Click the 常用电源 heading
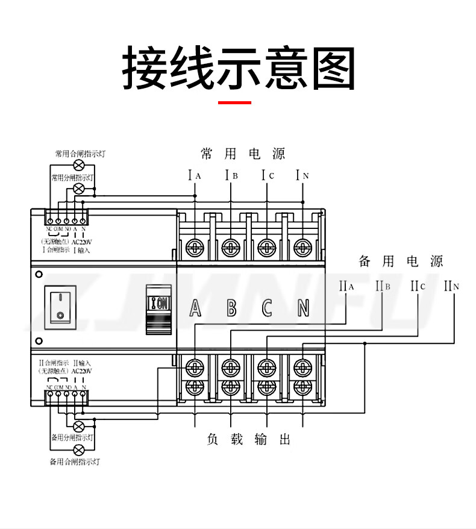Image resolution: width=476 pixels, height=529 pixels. click(243, 154)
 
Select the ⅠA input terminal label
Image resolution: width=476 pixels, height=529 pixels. click(195, 176)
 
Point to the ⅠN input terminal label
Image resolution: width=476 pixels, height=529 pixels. click(302, 176)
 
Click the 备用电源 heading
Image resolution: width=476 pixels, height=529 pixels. click(401, 261)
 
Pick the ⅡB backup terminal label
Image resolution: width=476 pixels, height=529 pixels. click(383, 286)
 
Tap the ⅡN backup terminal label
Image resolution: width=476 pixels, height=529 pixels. click(452, 286)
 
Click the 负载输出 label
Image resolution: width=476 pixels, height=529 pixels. click(249, 440)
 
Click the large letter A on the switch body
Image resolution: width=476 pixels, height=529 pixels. click(195, 308)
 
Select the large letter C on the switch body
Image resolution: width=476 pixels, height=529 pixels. click(267, 308)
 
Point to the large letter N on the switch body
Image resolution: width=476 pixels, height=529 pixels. click(303, 308)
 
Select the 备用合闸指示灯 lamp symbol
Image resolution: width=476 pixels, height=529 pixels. click(78, 451)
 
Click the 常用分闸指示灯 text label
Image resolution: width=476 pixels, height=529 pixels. click(72, 178)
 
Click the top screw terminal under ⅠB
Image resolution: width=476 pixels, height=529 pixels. click(231, 246)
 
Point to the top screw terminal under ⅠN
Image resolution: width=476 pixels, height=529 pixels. click(302, 246)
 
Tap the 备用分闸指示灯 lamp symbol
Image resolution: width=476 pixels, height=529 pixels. click(78, 425)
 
